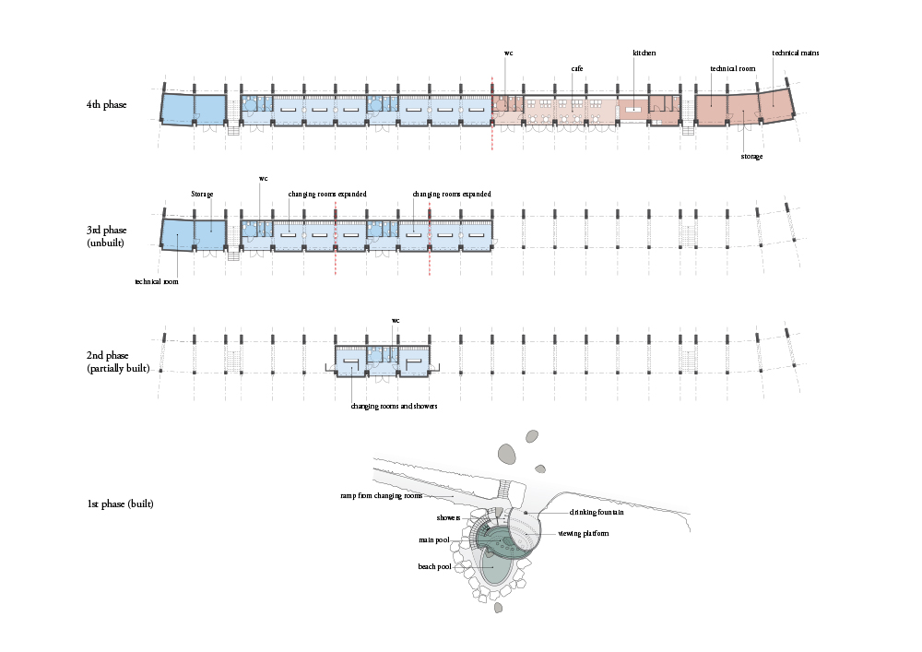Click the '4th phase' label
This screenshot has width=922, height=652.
[x=106, y=104]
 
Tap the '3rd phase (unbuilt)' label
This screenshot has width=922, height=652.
[x=106, y=236]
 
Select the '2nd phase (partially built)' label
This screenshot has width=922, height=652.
[x=118, y=362]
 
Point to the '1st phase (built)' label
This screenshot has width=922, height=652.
[x=121, y=504]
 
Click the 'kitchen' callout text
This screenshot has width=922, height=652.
[x=644, y=53]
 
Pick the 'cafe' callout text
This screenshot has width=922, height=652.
[x=577, y=69]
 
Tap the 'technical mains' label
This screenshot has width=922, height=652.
[x=795, y=53]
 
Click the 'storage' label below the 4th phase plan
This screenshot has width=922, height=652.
[x=751, y=157]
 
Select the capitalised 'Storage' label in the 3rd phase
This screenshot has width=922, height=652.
[x=202, y=194]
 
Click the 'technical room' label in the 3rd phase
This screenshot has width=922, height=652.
[x=157, y=281]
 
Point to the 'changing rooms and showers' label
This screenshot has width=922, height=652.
[x=394, y=407]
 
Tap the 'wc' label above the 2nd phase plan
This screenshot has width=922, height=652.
[x=396, y=320]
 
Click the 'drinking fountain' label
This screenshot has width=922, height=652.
[x=597, y=512]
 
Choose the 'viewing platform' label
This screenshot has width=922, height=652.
[x=584, y=534]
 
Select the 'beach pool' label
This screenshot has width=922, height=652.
[x=434, y=567]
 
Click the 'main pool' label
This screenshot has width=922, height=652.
[x=434, y=540]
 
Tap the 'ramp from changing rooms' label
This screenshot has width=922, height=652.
[x=381, y=495]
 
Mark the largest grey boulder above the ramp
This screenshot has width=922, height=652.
[x=507, y=454]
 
